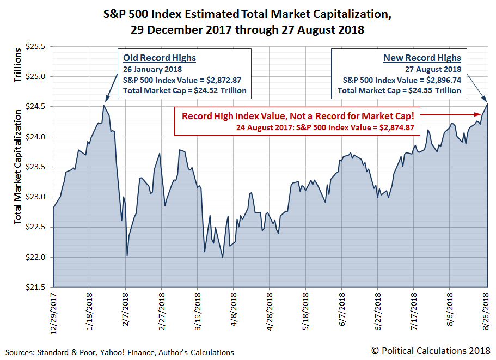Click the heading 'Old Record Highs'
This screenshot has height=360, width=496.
coord(160,58)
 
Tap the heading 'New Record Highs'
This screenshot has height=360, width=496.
coord(422,58)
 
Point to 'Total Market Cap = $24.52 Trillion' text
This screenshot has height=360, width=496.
coord(185,90)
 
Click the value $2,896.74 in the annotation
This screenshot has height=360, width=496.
coord(442,80)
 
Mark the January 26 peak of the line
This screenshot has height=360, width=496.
coord(103,106)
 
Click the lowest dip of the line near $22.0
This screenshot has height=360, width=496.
coord(223,258)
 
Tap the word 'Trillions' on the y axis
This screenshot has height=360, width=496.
coord(18,65)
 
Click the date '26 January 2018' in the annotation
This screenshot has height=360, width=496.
coord(152,69)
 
